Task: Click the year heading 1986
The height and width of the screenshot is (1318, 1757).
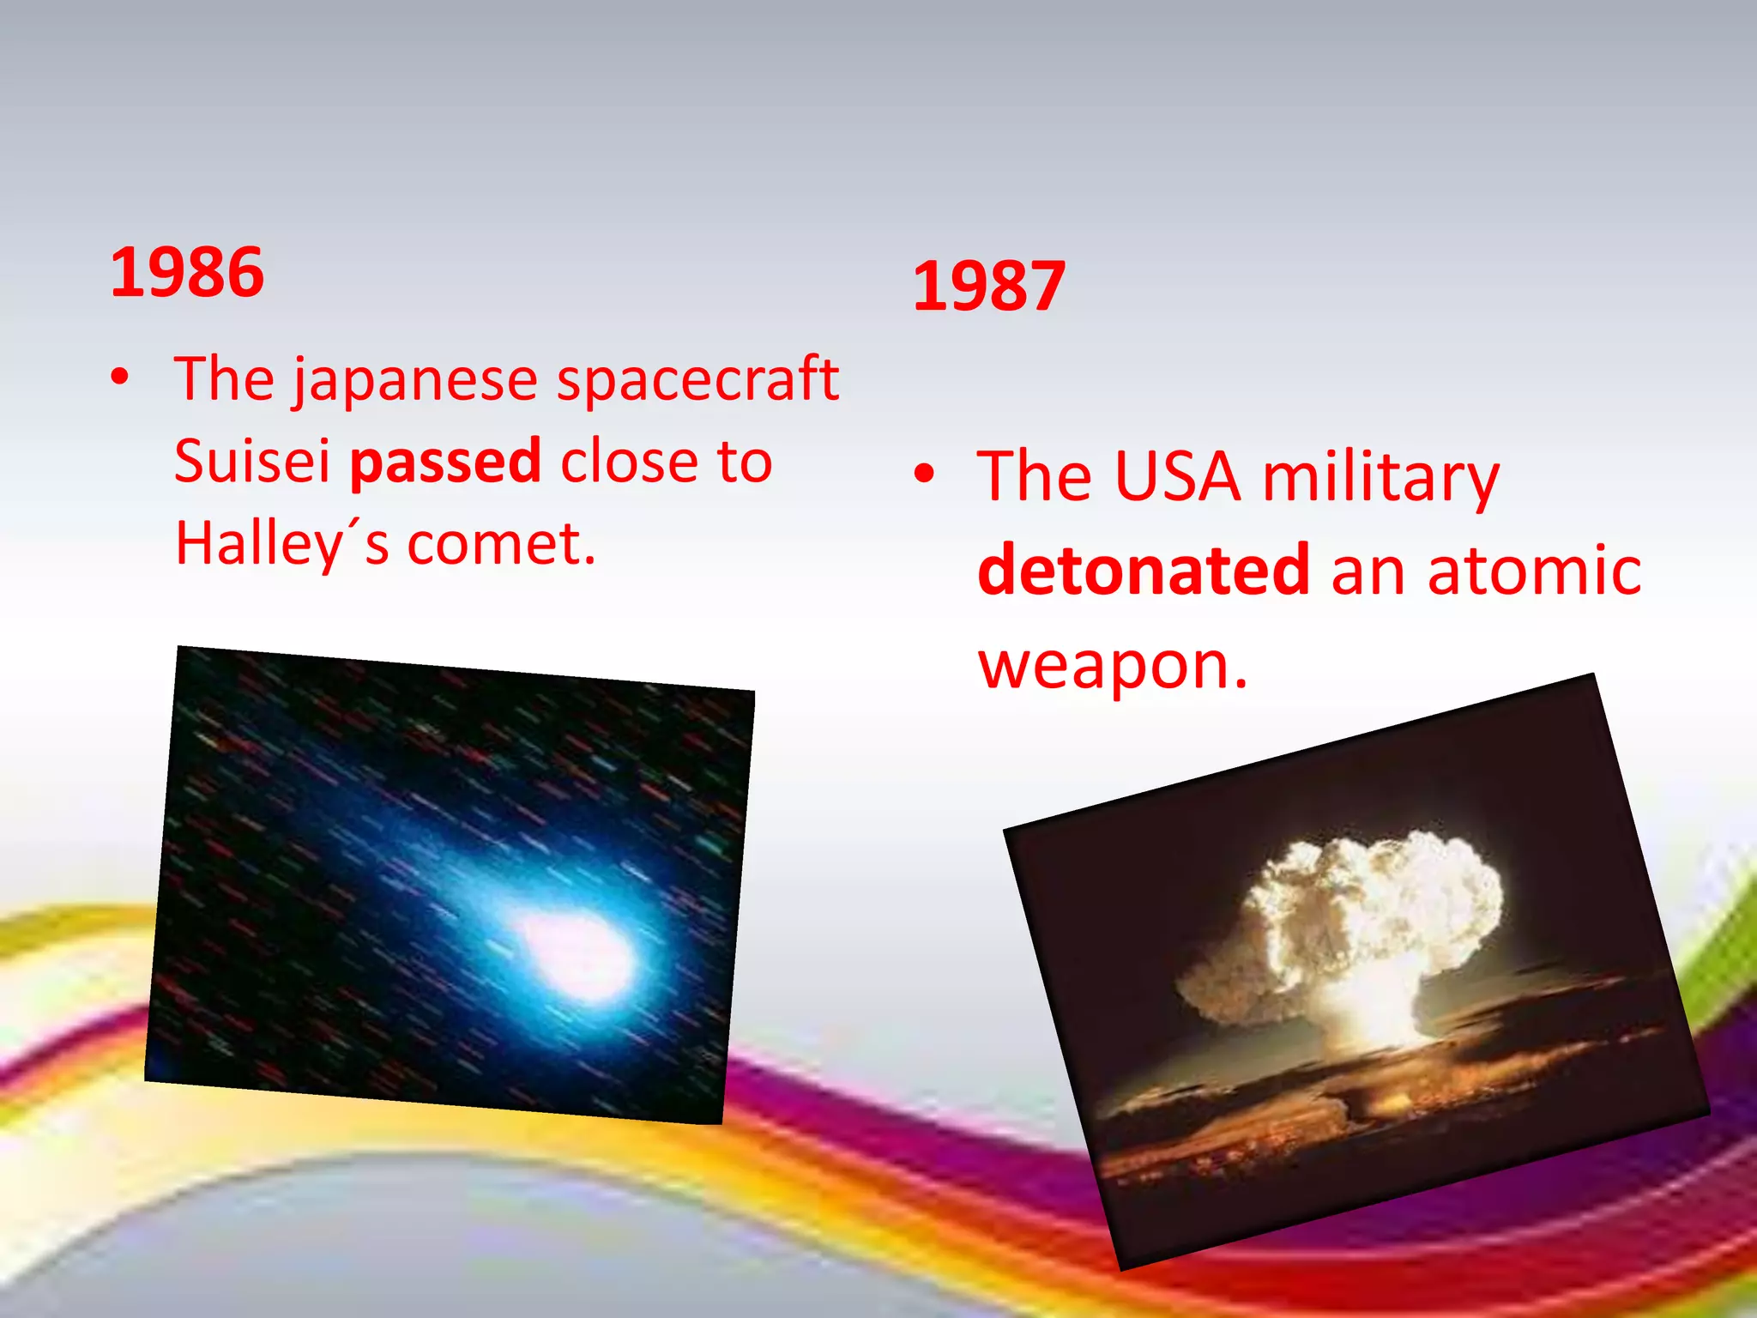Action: coord(187,272)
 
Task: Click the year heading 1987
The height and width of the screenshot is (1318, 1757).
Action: coord(988,286)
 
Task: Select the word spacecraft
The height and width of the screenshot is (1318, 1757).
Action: coord(697,379)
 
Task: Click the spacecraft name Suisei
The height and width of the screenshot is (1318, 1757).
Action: coord(252,462)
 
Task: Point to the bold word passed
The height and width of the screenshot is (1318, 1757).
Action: coord(445,462)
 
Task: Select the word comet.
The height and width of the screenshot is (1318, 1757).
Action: coord(500,544)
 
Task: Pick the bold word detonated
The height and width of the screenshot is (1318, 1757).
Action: coord(1143,570)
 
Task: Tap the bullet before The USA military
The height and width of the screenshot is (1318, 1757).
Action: coord(923,473)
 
